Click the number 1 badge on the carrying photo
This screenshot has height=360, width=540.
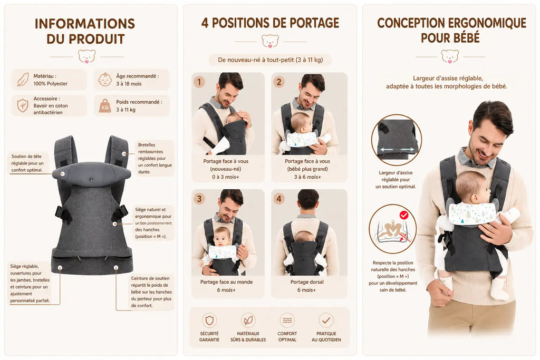pyautogui.click(x=199, y=82)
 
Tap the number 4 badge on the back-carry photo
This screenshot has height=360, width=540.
pyautogui.click(x=278, y=199)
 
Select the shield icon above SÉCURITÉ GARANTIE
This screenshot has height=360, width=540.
pyautogui.click(x=209, y=320)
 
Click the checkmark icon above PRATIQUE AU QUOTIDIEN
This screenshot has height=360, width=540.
pyautogui.click(x=326, y=320)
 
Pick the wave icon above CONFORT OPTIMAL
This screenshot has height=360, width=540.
pyautogui.click(x=287, y=320)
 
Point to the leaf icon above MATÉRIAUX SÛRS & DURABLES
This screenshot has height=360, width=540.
pyautogui.click(x=248, y=320)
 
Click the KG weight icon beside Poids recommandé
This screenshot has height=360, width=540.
pyautogui.click(x=105, y=106)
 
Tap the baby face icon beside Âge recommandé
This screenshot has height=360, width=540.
pyautogui.click(x=105, y=80)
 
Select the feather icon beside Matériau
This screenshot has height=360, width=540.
pyautogui.click(x=23, y=80)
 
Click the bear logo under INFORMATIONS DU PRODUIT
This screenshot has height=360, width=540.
pyautogui.click(x=86, y=56)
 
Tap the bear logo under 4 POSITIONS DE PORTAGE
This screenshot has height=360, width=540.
pyautogui.click(x=270, y=41)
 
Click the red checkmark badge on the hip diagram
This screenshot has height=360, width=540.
pyautogui.click(x=404, y=216)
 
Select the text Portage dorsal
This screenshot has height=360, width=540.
pyautogui.click(x=307, y=282)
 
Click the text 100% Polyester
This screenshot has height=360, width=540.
pyautogui.click(x=50, y=84)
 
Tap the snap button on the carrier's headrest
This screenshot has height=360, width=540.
pyautogui.click(x=91, y=180)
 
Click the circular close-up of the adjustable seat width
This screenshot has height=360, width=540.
pyautogui.click(x=397, y=140)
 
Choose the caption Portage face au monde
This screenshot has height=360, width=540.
pyautogui.click(x=227, y=282)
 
